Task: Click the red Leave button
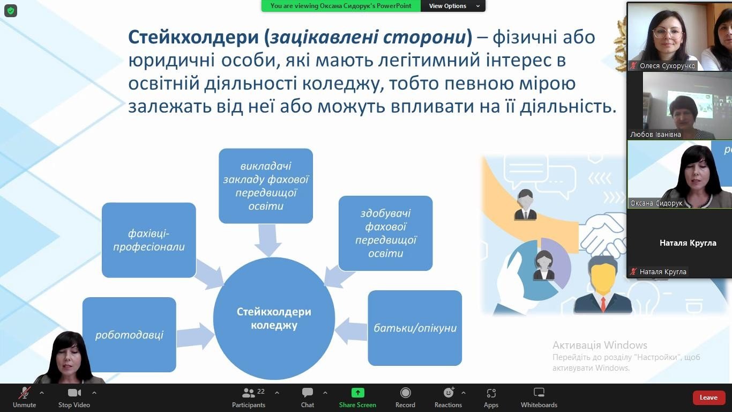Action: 708,398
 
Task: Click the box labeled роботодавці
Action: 129,335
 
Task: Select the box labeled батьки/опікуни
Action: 415,328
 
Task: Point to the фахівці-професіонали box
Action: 149,240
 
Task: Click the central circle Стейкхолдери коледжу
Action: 274,318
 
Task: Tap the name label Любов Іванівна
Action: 656,134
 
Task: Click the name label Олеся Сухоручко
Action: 667,66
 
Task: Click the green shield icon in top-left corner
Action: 11,11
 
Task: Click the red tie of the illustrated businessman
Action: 603,304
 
